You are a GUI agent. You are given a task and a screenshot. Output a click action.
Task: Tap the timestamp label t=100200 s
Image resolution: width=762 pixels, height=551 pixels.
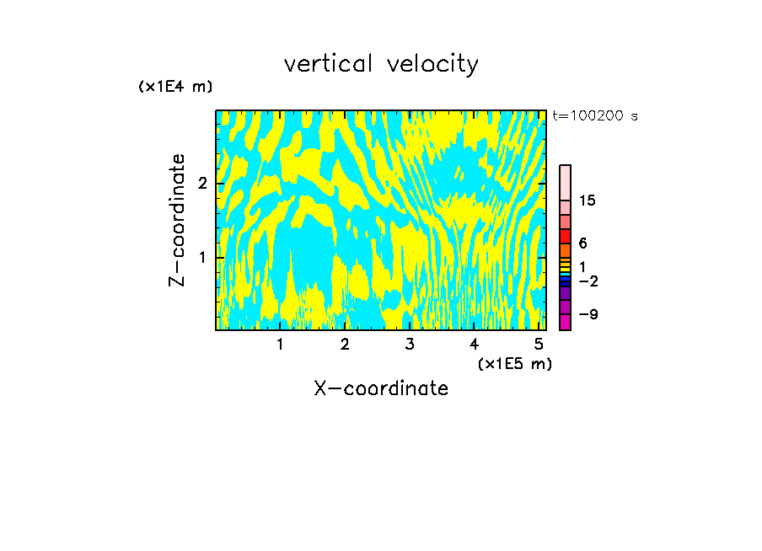tap(595, 115)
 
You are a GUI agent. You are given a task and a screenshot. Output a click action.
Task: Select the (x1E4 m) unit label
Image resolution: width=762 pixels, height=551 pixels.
tap(175, 87)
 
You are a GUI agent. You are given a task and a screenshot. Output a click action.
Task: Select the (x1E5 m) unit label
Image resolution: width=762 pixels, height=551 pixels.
tap(514, 363)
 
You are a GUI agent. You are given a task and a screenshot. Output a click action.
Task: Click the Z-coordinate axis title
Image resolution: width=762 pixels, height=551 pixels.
tap(177, 220)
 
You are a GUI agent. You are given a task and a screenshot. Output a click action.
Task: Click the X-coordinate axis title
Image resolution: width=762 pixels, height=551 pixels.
tap(381, 388)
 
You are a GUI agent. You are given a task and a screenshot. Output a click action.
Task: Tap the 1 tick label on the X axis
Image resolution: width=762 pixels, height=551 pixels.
tap(280, 345)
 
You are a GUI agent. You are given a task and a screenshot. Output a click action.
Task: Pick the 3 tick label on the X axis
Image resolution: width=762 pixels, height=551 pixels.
tap(409, 345)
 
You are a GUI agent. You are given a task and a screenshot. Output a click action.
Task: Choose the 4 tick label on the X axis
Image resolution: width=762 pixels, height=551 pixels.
tap(474, 345)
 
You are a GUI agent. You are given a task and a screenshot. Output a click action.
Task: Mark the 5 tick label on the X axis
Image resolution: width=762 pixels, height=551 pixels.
tap(539, 345)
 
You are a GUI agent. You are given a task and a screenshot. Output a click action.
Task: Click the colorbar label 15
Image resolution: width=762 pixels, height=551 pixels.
tap(588, 201)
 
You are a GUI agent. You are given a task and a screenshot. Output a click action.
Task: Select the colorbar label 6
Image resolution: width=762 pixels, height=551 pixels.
tap(582, 243)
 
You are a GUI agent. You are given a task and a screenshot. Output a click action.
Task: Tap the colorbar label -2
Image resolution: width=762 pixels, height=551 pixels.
tap(588, 281)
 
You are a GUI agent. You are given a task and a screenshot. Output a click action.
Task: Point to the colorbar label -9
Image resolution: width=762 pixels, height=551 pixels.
tap(588, 314)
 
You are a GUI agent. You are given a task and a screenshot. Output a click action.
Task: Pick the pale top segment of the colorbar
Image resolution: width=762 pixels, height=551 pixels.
tap(566, 182)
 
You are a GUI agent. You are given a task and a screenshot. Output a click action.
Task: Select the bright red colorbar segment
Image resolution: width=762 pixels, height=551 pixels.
tap(566, 237)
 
